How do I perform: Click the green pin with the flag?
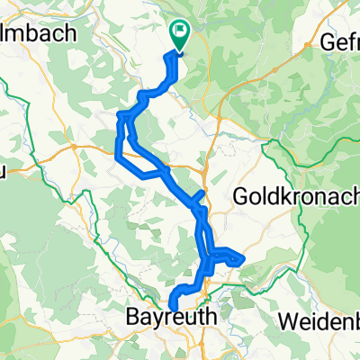click(178, 35)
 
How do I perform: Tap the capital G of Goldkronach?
click(243, 195)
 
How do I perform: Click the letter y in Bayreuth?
click(157, 319)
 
